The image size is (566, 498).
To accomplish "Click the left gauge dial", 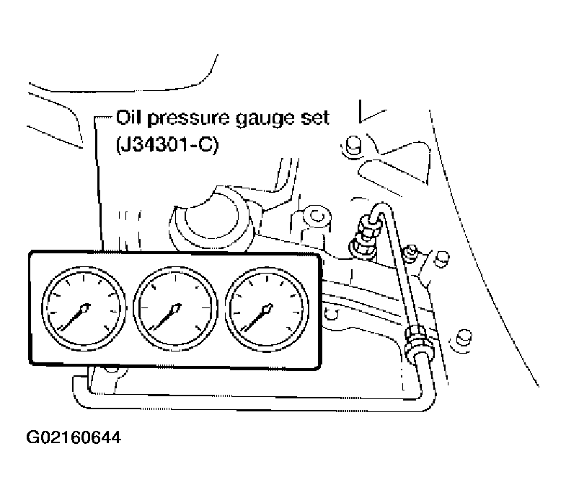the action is point(84,310).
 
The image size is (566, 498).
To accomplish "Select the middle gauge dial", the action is point(175,310).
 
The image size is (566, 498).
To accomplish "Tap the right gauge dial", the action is point(267,310).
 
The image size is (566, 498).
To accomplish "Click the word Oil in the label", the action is point(128,118).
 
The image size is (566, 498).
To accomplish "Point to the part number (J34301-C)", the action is point(167,145).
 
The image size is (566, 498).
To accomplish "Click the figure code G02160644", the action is point(74,437).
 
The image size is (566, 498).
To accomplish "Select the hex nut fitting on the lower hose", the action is point(415,340).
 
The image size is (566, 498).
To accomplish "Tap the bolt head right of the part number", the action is point(353,146).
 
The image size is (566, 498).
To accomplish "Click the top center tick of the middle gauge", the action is point(175,279).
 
